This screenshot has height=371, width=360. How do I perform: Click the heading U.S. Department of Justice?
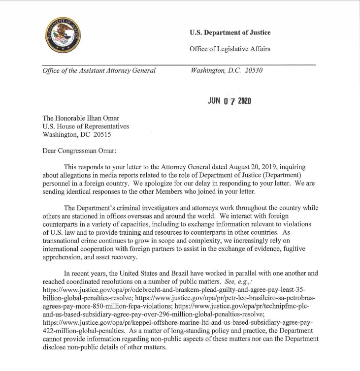230,33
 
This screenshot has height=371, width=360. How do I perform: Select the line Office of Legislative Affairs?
230,49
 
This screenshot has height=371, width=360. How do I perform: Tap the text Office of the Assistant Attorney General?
99,70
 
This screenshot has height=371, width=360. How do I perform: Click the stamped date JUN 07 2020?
230,101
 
